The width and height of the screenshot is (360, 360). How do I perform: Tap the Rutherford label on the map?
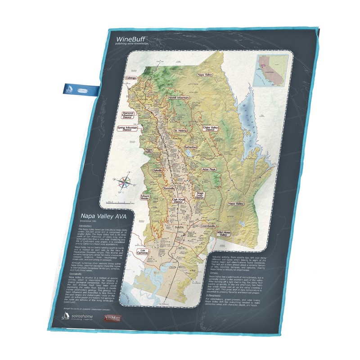pyautogui.click(x=191, y=147)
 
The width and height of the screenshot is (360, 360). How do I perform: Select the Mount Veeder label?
pyautogui.click(x=145, y=198)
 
